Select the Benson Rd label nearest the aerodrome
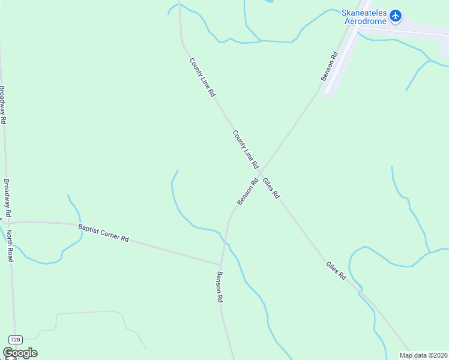point(330,66)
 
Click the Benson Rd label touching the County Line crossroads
point(247,191)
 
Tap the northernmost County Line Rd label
point(202,77)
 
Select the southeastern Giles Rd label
point(337,271)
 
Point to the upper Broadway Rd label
point(3,105)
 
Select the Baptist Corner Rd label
point(103,233)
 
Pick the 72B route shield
point(16,339)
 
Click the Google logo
point(20,353)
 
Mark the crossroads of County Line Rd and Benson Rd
point(260,173)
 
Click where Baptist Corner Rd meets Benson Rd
point(221,264)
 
